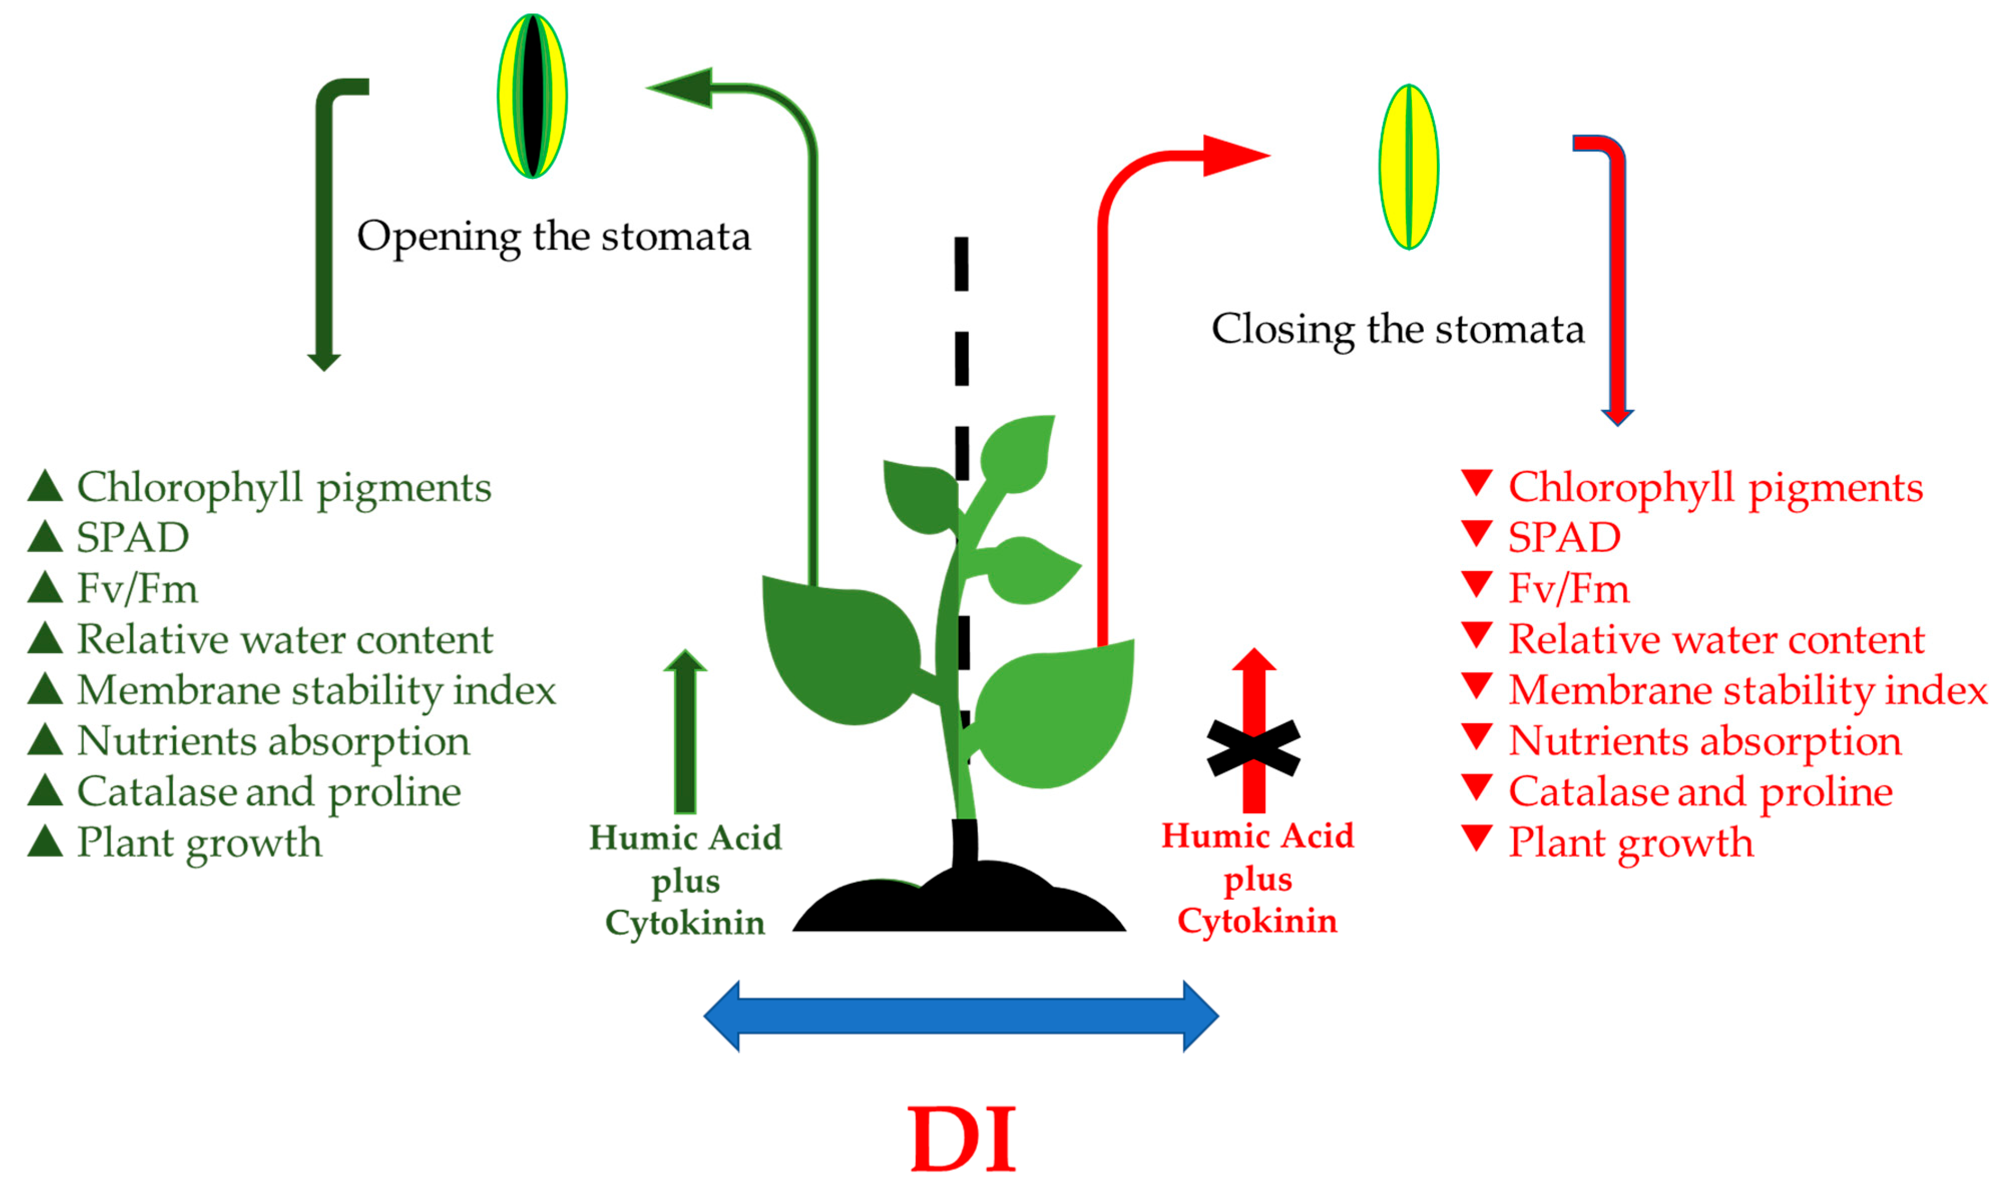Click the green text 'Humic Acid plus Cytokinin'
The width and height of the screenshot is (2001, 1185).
pos(685,881)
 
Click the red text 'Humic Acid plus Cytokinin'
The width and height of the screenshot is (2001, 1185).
pos(1257,878)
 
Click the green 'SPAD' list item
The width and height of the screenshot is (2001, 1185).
pos(132,538)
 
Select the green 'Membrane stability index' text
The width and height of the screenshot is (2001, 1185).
pos(316,690)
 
